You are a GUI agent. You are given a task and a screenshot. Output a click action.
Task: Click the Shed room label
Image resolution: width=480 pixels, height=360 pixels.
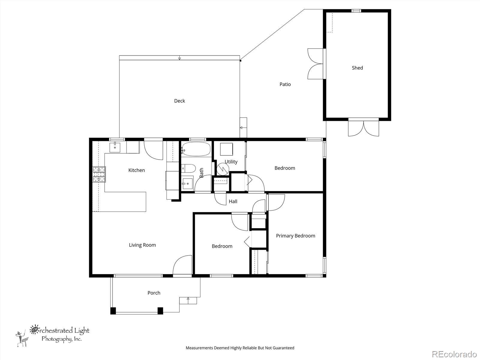click(357, 68)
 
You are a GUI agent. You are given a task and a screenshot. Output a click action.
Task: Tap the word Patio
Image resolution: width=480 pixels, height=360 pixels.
click(285, 84)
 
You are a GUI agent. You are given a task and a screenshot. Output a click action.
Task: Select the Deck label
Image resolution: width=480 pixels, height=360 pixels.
click(179, 101)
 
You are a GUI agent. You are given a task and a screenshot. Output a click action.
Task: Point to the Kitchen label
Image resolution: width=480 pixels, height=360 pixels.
click(136, 170)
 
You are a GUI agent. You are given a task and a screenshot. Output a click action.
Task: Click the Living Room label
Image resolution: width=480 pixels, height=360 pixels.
click(142, 245)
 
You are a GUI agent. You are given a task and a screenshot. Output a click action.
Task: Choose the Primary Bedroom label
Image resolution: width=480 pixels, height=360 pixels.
click(295, 235)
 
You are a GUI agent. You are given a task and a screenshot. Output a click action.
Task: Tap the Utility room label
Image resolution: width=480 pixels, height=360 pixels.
click(231, 162)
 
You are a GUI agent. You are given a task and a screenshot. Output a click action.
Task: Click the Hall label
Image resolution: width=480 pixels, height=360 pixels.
click(233, 201)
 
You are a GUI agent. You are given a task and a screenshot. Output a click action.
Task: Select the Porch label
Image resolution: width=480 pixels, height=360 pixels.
click(154, 293)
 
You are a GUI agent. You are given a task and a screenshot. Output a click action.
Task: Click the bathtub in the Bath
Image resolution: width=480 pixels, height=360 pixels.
click(196, 149)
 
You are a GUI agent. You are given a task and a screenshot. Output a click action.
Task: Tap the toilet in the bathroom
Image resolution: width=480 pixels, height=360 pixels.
click(188, 168)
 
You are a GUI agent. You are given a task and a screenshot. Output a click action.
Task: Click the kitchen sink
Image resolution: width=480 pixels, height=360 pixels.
click(115, 147)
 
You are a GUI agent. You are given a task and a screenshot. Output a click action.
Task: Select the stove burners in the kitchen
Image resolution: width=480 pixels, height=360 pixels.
click(99, 174)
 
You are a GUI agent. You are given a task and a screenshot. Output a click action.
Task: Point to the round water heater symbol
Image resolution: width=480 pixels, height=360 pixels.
click(223, 169)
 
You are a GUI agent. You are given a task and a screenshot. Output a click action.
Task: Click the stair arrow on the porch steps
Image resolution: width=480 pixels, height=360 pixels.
click(188, 300)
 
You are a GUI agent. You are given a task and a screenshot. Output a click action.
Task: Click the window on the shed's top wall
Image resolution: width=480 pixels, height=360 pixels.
click(356, 10)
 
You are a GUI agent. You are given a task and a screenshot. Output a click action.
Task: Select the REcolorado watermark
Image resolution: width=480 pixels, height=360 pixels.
click(454, 354)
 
